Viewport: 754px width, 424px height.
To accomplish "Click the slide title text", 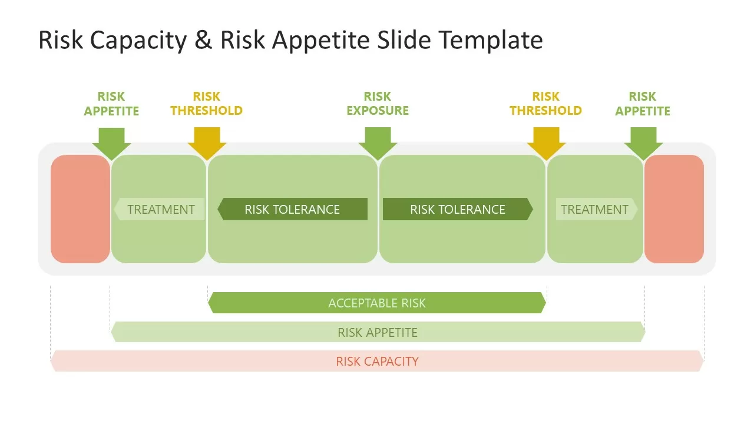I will click(x=290, y=40).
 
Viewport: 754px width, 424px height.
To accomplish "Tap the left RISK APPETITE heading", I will click(x=111, y=104).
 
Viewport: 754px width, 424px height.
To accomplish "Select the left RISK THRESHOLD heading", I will click(x=206, y=104).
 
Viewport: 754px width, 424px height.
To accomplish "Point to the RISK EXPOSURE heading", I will click(x=378, y=104).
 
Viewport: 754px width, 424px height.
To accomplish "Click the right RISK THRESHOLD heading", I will click(x=545, y=104).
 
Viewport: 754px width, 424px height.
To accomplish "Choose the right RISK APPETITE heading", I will click(x=643, y=104).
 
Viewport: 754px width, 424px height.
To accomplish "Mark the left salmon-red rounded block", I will click(x=80, y=209).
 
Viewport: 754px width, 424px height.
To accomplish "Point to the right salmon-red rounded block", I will click(x=674, y=209).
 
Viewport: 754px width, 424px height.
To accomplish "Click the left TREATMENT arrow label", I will click(x=160, y=209).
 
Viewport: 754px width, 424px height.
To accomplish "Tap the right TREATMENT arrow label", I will click(x=596, y=209).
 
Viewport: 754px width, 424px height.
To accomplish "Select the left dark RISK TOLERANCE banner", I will click(x=293, y=209).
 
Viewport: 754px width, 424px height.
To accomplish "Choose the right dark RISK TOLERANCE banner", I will click(x=458, y=209).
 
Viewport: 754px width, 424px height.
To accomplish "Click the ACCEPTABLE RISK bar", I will click(x=377, y=303).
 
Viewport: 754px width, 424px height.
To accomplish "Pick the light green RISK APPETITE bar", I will click(x=378, y=332).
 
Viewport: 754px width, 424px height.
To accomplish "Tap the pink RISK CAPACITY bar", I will click(x=377, y=361).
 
